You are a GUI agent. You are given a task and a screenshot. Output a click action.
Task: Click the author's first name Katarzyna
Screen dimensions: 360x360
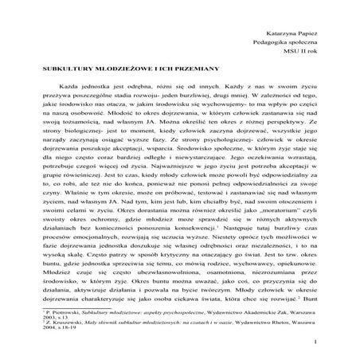(x=284, y=27)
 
